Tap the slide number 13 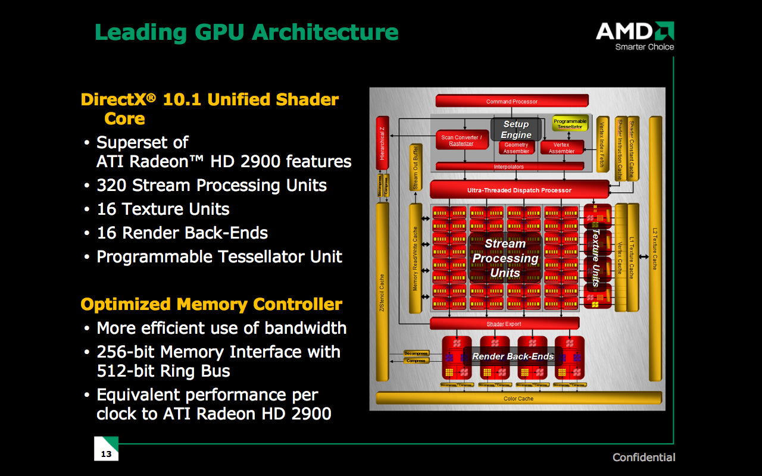(106, 454)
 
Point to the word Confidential (644, 458)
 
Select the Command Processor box (511, 101)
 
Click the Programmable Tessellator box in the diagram (570, 124)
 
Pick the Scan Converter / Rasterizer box (461, 140)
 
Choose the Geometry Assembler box (516, 148)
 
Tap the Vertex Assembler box (561, 148)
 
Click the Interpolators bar (509, 167)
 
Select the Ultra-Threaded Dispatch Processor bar (519, 190)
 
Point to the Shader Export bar (504, 324)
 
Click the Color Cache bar (519, 398)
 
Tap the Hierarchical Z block (382, 143)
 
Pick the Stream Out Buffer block (416, 168)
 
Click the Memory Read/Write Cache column (415, 259)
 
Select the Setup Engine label (516, 130)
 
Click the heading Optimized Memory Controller (211, 305)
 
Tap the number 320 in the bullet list (111, 186)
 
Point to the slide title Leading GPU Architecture (246, 32)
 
